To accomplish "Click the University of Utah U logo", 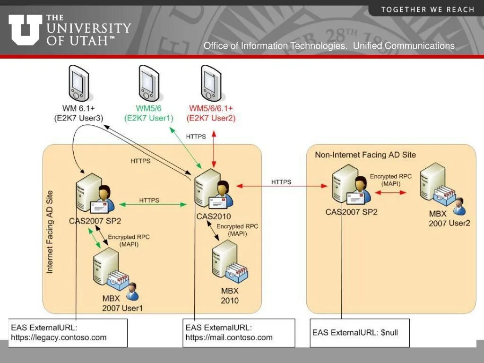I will (25, 29).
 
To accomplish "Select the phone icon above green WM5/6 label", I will (149, 83).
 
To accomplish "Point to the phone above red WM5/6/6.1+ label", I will (211, 83).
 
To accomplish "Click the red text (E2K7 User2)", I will (211, 118).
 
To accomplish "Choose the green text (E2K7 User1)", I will (149, 118).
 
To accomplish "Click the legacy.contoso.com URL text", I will (59, 337).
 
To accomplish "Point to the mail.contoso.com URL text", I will (229, 337).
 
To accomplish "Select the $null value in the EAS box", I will (389, 332).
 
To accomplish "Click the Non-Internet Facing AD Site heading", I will (365, 155).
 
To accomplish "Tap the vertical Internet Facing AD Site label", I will (50, 232).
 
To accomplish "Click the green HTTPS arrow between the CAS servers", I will (153, 204).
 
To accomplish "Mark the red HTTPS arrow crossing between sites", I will (281, 186).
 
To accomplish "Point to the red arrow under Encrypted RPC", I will (390, 192).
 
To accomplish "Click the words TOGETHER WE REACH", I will (427, 9).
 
